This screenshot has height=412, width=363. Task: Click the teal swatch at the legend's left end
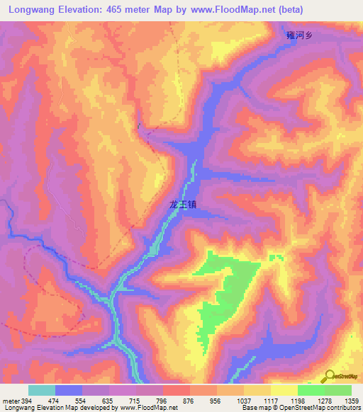41,390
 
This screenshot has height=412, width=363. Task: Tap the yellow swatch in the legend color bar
284,390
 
